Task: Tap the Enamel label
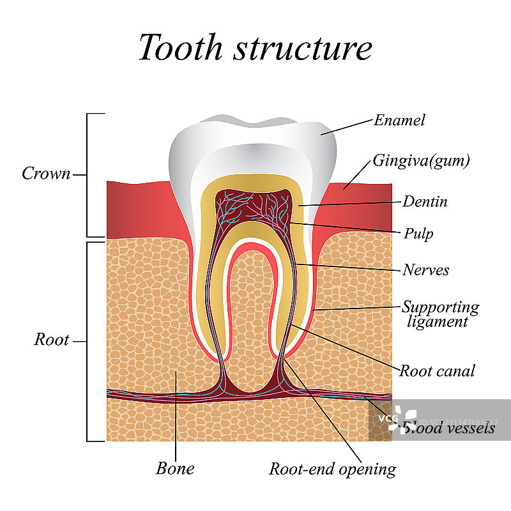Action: [x=399, y=119]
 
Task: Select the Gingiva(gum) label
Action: [x=422, y=160]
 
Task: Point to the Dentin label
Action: [x=425, y=202]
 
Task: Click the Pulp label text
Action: [x=418, y=233]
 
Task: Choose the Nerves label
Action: [x=425, y=270]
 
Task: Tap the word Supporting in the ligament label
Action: [x=440, y=307]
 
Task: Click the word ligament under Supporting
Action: [x=438, y=321]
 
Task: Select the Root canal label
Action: [x=437, y=370]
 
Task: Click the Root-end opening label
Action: [x=332, y=469]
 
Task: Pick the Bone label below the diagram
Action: [x=175, y=468]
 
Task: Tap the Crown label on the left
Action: [x=46, y=173]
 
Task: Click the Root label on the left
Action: [x=51, y=340]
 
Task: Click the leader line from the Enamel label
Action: [x=347, y=126]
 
